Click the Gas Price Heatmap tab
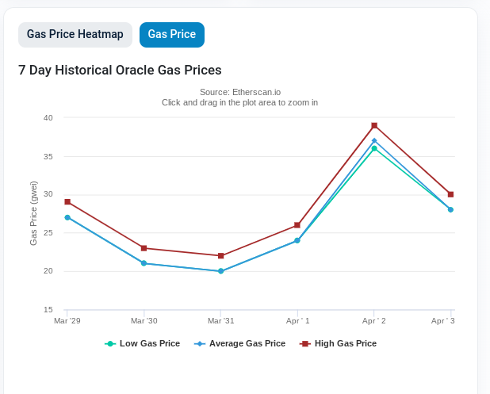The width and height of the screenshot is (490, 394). pyautogui.click(x=75, y=35)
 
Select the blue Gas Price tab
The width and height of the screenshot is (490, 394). pyautogui.click(x=172, y=35)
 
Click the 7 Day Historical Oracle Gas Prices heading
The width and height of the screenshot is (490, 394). pyautogui.click(x=120, y=70)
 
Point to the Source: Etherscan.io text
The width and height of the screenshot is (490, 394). pyautogui.click(x=239, y=92)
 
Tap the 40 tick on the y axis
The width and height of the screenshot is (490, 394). pyautogui.click(x=48, y=118)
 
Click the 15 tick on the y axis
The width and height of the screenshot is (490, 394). pyautogui.click(x=48, y=310)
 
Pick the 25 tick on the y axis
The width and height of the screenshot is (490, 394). pyautogui.click(x=48, y=233)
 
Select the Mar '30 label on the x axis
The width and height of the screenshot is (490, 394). pyautogui.click(x=144, y=321)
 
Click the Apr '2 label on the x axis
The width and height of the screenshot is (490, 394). pyautogui.click(x=374, y=321)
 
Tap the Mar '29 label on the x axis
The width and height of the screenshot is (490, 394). pyautogui.click(x=67, y=321)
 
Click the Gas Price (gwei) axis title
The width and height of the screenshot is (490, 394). pyautogui.click(x=34, y=213)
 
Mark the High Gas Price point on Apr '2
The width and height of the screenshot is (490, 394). pyautogui.click(x=374, y=125)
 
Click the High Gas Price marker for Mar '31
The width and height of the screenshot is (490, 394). pyautogui.click(x=220, y=256)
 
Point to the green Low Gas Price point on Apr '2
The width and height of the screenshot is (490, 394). pyautogui.click(x=374, y=148)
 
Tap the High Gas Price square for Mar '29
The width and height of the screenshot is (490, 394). pyautogui.click(x=67, y=202)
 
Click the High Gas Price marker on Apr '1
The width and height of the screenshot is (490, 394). pyautogui.click(x=297, y=225)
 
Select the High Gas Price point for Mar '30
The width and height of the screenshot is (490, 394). pyautogui.click(x=144, y=248)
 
